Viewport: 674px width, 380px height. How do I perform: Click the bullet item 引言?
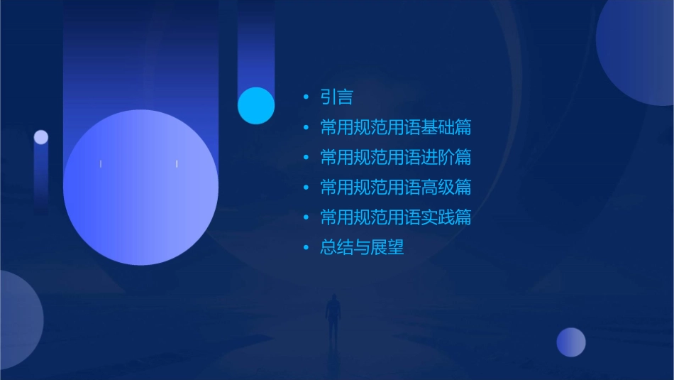[x=336, y=97]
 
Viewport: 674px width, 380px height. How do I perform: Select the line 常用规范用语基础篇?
[x=395, y=128]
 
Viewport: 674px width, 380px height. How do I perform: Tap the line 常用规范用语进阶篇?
[x=395, y=158]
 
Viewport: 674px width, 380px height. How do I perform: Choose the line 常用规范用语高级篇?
[x=395, y=188]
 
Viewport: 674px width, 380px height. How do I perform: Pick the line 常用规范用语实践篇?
[x=395, y=217]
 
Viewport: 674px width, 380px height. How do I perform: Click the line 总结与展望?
[x=362, y=247]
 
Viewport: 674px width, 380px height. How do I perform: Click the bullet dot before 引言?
[x=306, y=97]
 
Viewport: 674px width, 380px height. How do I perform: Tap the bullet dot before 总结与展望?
[x=306, y=247]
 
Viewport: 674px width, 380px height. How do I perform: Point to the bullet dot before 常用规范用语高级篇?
[x=306, y=188]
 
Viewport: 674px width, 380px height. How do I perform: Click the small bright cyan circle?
[x=256, y=105]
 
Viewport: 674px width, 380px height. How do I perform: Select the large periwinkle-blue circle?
[x=140, y=188]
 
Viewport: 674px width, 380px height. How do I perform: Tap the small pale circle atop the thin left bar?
[x=41, y=137]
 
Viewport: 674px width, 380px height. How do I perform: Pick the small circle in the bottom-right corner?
[x=571, y=342]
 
